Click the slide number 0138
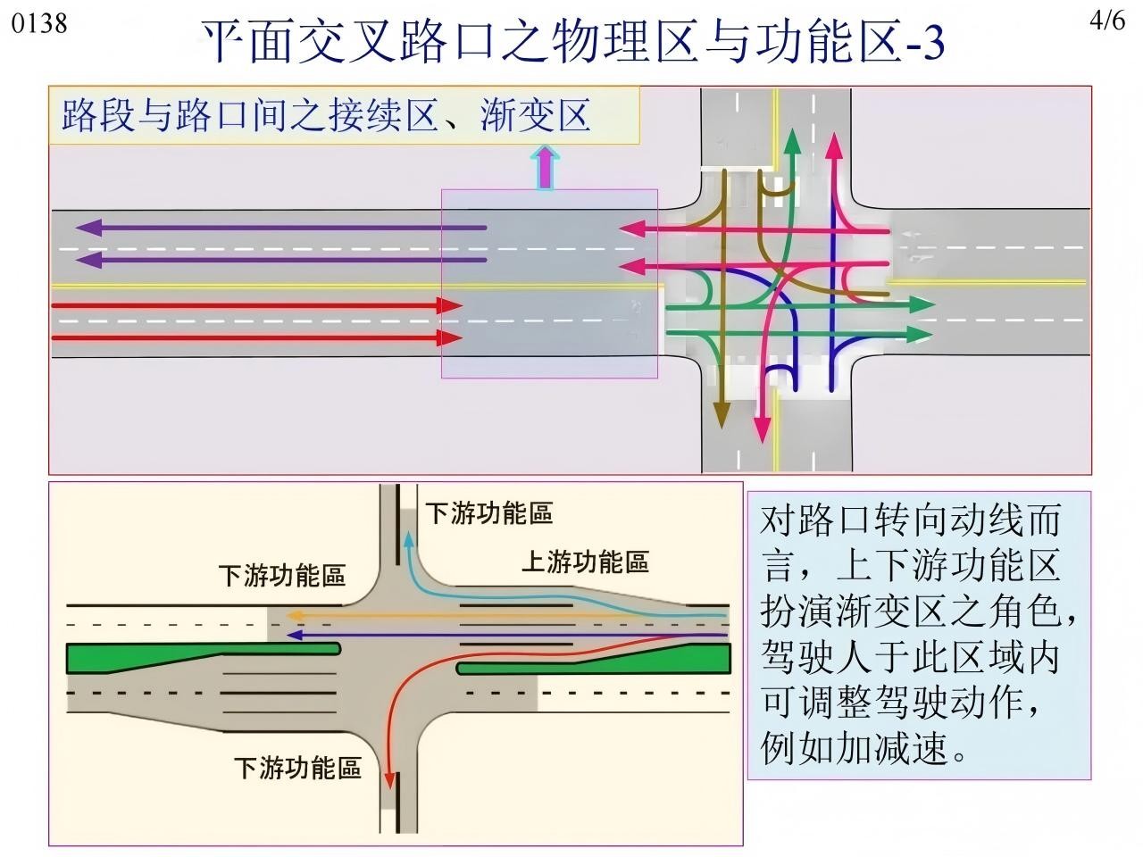[39, 22]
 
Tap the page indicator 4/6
[1108, 21]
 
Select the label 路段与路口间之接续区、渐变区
[327, 115]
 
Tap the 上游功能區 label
[585, 562]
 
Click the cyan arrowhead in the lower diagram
[409, 539]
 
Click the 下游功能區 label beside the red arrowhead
[297, 768]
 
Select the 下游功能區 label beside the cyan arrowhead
[488, 513]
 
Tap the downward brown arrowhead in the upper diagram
[722, 417]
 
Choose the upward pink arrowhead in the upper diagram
[834, 145]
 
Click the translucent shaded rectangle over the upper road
[549, 283]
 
